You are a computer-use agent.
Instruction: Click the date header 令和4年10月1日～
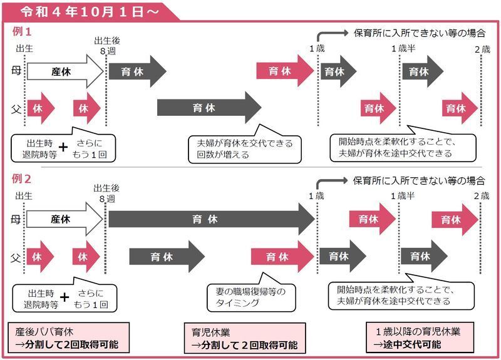pos(90,12)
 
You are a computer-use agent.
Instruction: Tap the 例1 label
pos(22,32)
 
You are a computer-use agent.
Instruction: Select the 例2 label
pos(21,179)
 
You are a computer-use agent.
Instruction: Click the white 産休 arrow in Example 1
pos(66,71)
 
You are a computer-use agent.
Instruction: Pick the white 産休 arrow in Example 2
pos(65,219)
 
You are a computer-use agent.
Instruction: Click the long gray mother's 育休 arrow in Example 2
pos(212,219)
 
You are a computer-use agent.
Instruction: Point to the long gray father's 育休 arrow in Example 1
pos(209,108)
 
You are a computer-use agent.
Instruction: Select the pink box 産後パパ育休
pos(69,338)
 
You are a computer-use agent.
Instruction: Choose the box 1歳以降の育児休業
pos(420,337)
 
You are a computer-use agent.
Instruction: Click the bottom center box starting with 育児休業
pos(245,338)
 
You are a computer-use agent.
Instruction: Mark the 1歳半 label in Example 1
pos(403,49)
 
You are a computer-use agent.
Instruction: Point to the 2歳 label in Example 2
pos(482,196)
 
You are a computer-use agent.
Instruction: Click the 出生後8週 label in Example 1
pos(107,46)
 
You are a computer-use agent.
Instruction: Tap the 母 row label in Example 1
pos(16,71)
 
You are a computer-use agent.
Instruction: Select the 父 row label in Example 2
pos(16,257)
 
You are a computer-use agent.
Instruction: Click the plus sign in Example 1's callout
pos(63,147)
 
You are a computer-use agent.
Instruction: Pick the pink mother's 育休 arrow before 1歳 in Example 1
pos(286,71)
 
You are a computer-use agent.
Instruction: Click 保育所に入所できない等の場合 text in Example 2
pos(419,181)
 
